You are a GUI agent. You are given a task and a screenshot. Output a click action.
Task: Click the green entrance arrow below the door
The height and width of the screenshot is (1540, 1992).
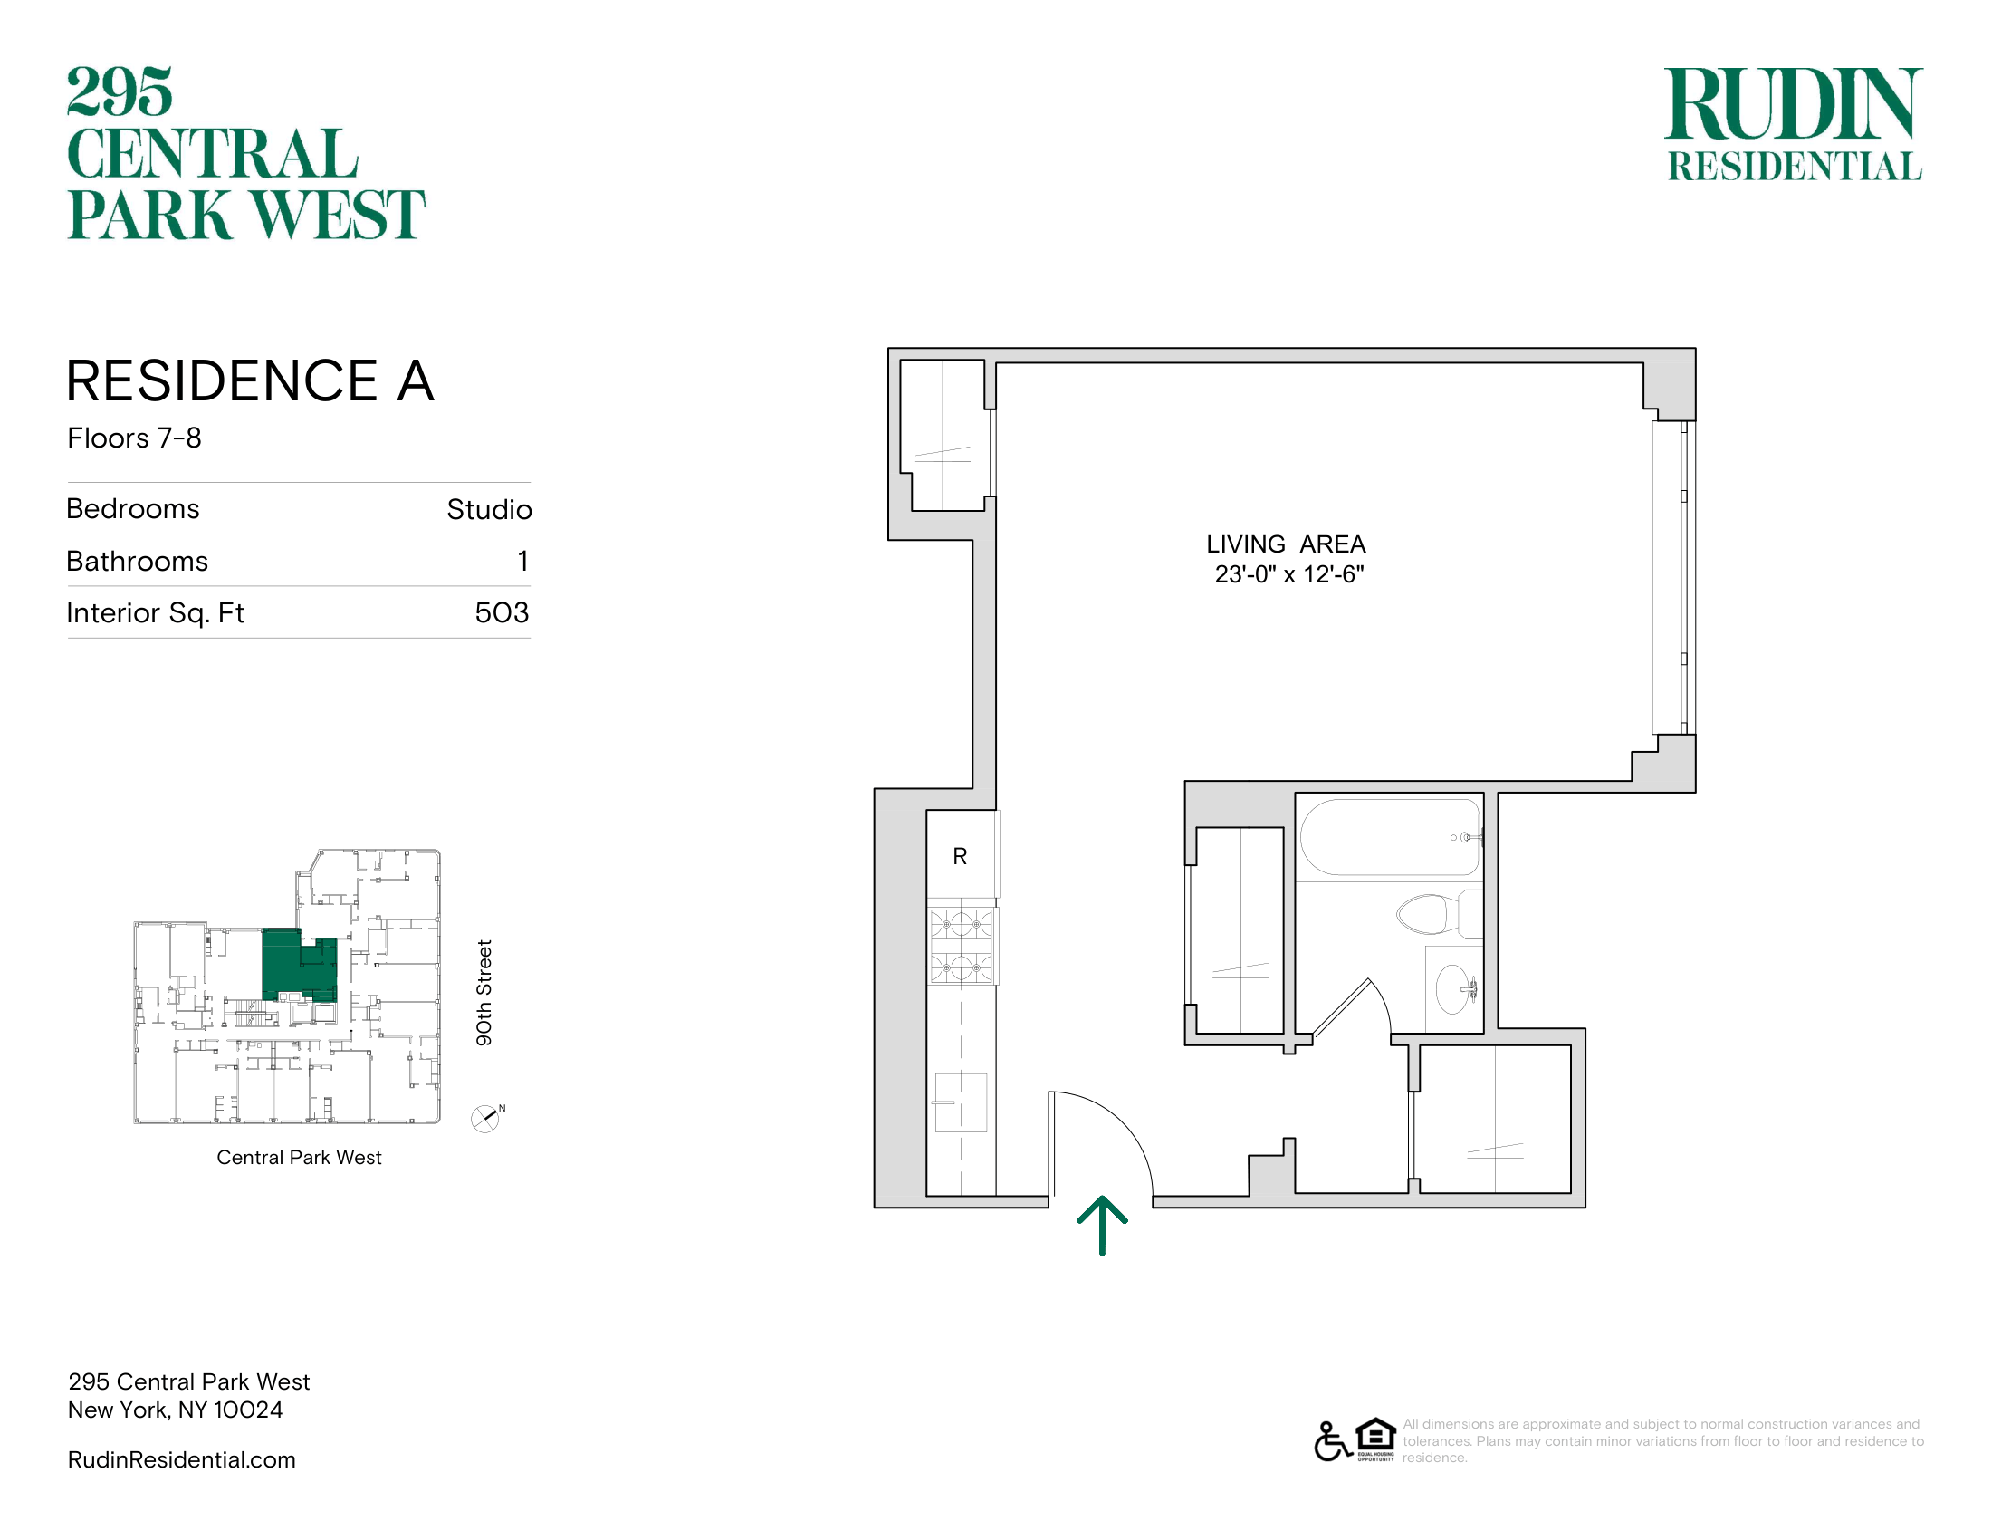pyautogui.click(x=1102, y=1226)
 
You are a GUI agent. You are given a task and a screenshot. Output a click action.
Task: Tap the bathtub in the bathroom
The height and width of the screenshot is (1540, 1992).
pyautogui.click(x=1390, y=838)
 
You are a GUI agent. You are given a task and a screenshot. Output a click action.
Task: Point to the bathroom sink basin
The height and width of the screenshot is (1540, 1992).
pyautogui.click(x=1455, y=989)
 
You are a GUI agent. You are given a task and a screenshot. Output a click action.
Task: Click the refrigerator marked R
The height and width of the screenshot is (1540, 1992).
pyautogui.click(x=962, y=855)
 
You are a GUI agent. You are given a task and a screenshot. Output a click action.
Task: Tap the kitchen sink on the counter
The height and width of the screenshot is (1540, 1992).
pyautogui.click(x=961, y=1102)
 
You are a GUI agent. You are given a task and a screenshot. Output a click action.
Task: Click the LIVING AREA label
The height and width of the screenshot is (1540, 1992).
pyautogui.click(x=1286, y=544)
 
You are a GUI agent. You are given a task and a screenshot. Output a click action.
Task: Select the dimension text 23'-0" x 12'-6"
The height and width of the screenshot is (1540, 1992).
pyautogui.click(x=1288, y=574)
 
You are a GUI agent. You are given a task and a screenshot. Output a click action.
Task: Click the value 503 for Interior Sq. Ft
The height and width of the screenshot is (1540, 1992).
pyautogui.click(x=502, y=612)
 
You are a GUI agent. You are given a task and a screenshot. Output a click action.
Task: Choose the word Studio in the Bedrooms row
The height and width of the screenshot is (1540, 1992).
pyautogui.click(x=489, y=509)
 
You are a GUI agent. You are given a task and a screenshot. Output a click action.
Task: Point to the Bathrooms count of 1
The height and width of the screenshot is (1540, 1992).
pyautogui.click(x=522, y=561)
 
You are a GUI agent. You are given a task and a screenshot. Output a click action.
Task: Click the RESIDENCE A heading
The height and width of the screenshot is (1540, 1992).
pyautogui.click(x=250, y=380)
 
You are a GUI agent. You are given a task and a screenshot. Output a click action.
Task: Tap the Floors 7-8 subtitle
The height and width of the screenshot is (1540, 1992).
pyautogui.click(x=134, y=438)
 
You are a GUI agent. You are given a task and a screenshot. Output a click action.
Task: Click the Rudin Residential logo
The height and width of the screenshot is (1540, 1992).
pyautogui.click(x=1794, y=124)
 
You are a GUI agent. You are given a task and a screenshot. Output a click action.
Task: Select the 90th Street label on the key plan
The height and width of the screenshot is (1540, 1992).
pyautogui.click(x=484, y=993)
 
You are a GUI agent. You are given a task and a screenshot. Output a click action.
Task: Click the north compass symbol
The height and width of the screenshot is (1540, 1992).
pyautogui.click(x=486, y=1119)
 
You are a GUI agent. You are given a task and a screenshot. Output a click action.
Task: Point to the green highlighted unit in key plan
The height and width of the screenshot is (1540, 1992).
pyautogui.click(x=298, y=966)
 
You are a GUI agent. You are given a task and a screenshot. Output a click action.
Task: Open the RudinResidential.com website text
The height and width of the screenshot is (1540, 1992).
pyautogui.click(x=181, y=1459)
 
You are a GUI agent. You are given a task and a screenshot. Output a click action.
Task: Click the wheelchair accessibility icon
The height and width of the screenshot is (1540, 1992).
pyautogui.click(x=1333, y=1441)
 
